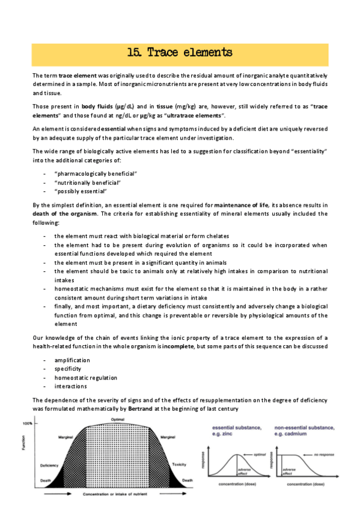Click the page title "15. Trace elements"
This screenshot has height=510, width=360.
[180, 54]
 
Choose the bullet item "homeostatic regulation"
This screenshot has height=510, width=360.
[85, 378]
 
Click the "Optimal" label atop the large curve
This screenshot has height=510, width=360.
[117, 419]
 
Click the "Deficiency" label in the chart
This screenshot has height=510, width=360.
[49, 466]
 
